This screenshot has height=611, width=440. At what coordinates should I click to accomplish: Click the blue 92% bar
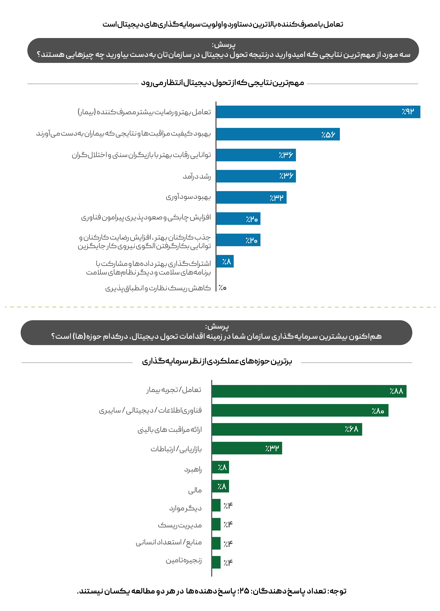318,112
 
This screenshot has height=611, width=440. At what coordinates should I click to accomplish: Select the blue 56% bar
278,134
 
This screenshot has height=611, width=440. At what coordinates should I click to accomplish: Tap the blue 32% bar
251,198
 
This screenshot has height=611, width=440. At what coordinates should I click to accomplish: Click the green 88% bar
309,391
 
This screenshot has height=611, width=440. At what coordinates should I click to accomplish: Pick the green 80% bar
300,410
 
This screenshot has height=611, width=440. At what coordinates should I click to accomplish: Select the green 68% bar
287,429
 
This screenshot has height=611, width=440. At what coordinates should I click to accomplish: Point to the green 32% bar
247,448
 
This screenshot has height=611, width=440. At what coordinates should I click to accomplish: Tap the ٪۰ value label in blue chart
222,288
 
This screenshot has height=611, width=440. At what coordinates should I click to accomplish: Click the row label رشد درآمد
197,176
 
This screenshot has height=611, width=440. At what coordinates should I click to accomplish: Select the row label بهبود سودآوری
188,197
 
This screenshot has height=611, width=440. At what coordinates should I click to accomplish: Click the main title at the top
223,24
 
